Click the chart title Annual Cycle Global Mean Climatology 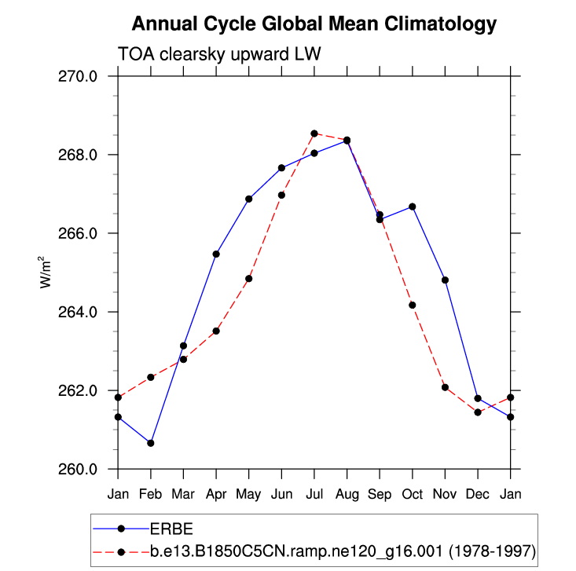pos(314,24)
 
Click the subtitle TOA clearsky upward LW pos(219,54)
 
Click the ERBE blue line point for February pos(151,443)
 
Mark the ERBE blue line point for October pos(413,207)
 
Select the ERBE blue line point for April pos(216,254)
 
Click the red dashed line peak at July pos(314,134)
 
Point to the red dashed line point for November pos(445,387)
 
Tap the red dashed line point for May pos(249,278)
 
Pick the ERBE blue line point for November pos(445,280)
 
